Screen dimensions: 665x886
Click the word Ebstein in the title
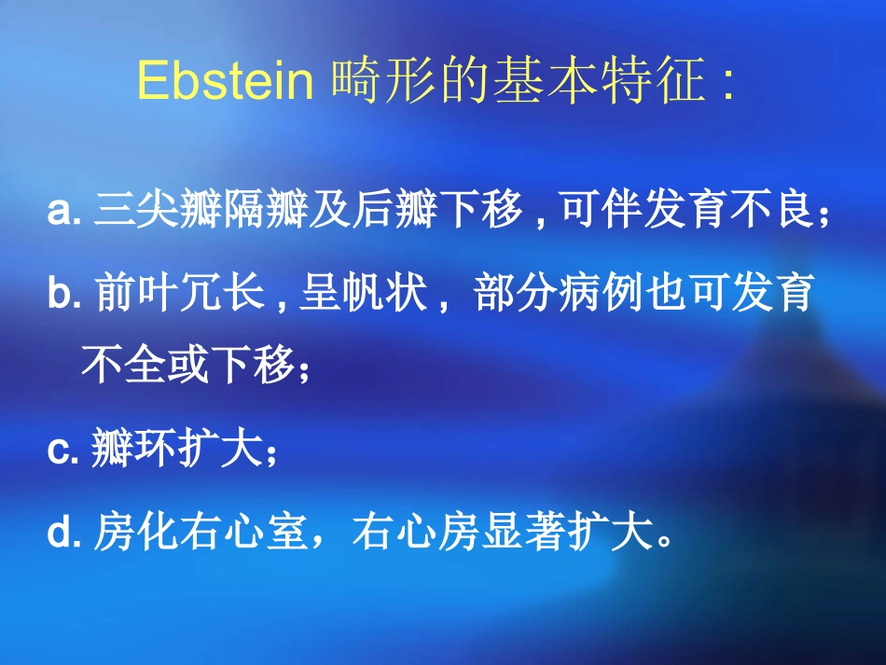click(x=224, y=82)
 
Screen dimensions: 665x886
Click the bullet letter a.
click(x=60, y=212)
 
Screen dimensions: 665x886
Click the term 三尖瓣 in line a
click(x=150, y=212)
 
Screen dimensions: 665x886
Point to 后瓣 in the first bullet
click(x=383, y=212)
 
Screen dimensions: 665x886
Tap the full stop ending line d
click(x=663, y=541)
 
